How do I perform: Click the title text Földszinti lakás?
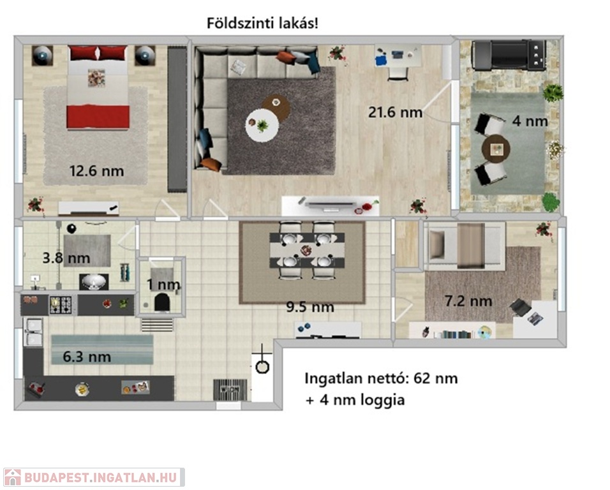pyautogui.click(x=262, y=24)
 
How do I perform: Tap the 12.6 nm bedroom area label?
pyautogui.click(x=96, y=171)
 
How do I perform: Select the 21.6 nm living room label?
pyautogui.click(x=395, y=112)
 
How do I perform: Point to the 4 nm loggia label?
pyautogui.click(x=530, y=121)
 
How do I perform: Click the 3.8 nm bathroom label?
pyautogui.click(x=66, y=258)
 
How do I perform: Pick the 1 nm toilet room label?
pyautogui.click(x=163, y=285)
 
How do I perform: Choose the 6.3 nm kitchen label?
pyautogui.click(x=87, y=357)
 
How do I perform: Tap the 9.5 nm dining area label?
pyautogui.click(x=310, y=307)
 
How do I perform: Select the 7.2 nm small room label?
pyautogui.click(x=468, y=301)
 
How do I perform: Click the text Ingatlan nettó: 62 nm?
pyautogui.click(x=381, y=378)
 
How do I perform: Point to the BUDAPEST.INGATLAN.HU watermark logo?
pyautogui.click(x=93, y=477)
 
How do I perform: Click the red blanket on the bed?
pyautogui.click(x=98, y=117)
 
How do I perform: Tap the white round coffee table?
pyautogui.click(x=262, y=125)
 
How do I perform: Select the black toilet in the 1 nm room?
pyautogui.click(x=161, y=302)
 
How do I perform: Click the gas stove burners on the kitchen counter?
pyautogui.click(x=61, y=305)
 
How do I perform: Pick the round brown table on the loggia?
pyautogui.click(x=496, y=149)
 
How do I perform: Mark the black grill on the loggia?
pyautogui.click(x=509, y=55)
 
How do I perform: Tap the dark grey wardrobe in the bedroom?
pyautogui.click(x=177, y=119)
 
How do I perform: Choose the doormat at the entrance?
pyautogui.click(x=230, y=390)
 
